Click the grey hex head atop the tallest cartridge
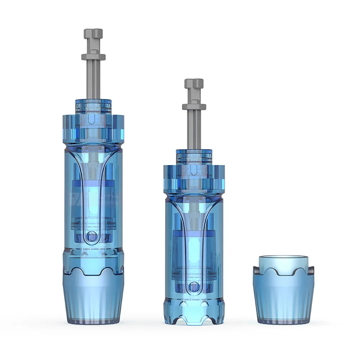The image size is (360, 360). pos(93,34)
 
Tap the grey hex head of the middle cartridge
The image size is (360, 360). pos(194,83)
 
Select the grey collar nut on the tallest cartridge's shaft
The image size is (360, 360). pos(93,57)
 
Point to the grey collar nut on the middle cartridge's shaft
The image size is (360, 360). pos(194,106)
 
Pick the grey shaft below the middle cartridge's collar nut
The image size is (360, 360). pos(194,128)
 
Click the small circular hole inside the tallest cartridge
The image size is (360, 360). pos(92,236)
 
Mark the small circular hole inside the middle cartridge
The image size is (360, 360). pos(194,286)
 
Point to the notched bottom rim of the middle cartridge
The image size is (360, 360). pos(194,314)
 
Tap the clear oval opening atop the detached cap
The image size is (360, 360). pos(283,258)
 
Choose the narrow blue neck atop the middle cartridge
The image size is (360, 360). pos(194,156)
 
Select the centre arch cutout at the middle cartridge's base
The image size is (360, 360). pos(194,321)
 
